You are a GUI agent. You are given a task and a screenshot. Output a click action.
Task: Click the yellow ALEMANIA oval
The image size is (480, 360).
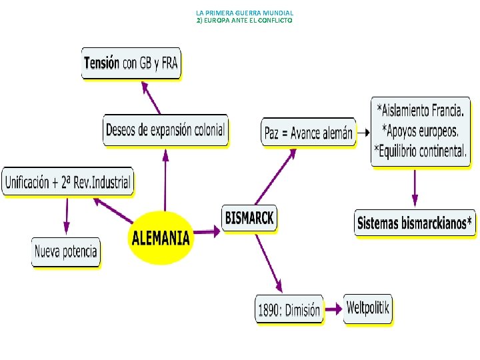tap(161, 237)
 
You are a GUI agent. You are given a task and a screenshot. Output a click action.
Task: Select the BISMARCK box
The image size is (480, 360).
tap(249, 218)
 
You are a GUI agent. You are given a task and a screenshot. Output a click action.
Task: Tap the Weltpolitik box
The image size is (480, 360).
tap(368, 308)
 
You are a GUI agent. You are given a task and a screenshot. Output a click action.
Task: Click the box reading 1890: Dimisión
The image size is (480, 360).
tap(289, 309)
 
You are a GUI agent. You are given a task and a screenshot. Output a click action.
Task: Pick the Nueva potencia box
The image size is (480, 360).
tap(65, 252)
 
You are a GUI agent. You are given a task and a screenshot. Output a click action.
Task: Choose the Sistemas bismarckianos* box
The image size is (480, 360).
tap(415, 223)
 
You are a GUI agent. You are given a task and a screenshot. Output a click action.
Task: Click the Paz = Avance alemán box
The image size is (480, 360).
tap(308, 133)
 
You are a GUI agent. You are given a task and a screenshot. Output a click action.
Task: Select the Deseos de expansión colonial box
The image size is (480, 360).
tap(165, 129)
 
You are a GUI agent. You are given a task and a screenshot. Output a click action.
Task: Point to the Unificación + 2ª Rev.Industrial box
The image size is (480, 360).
tap(67, 181)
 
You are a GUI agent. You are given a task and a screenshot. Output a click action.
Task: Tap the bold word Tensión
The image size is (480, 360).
tap(101, 63)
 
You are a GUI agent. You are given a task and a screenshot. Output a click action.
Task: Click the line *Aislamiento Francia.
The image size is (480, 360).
tap(421, 109)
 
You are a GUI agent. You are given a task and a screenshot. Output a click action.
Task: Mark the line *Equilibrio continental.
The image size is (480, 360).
tap(420, 151)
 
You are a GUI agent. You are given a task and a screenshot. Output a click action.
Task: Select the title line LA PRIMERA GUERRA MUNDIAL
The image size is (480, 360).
tap(245, 13)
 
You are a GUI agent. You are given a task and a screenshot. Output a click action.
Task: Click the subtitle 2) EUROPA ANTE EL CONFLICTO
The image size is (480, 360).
tap(244, 21)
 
